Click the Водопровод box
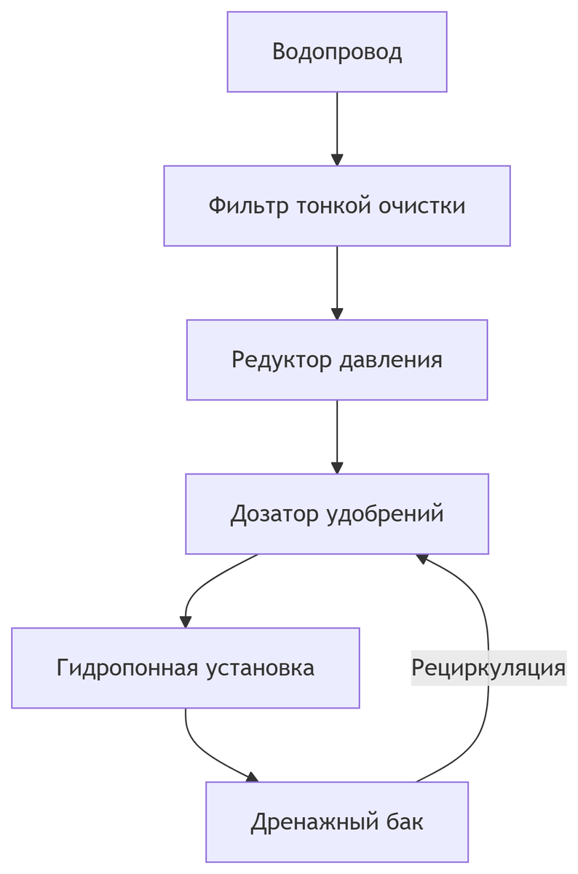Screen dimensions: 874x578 (x=336, y=52)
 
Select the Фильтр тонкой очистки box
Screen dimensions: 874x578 (x=336, y=206)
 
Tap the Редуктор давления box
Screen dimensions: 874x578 (x=336, y=360)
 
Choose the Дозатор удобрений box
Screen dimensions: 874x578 (x=336, y=514)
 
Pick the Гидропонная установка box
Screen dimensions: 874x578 (x=185, y=668)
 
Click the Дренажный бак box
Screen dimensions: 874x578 (x=336, y=822)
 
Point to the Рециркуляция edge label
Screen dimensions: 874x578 (x=488, y=668)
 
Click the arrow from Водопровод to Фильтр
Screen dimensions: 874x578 (x=336, y=128)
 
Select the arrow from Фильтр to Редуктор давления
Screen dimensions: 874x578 (x=336, y=283)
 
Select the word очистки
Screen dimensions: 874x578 (x=422, y=206)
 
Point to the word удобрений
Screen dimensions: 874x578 (x=386, y=514)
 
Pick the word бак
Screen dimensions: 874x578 (x=406, y=822)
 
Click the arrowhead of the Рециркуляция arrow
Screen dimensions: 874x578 (x=421, y=558)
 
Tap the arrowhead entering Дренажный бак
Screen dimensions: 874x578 (x=252, y=777)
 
